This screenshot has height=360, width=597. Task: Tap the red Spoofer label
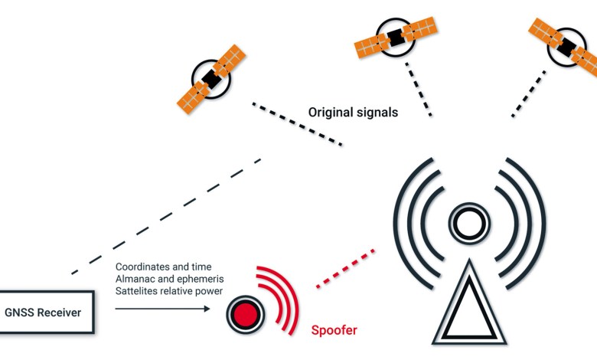(x=334, y=330)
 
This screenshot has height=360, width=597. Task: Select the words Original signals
(x=353, y=113)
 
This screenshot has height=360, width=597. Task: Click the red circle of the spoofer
(x=245, y=315)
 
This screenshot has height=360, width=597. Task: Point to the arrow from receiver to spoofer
(x=162, y=309)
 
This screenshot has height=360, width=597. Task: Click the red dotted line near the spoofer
(x=345, y=269)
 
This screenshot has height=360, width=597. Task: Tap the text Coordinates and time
(x=163, y=267)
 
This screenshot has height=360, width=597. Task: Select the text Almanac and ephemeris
(x=169, y=279)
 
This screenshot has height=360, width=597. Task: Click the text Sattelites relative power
(x=169, y=291)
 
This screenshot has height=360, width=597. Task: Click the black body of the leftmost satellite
(x=211, y=79)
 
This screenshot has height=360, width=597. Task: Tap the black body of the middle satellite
(x=396, y=38)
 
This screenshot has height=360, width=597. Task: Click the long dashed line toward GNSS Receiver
(x=166, y=216)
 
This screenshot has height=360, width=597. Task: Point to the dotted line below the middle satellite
(x=419, y=89)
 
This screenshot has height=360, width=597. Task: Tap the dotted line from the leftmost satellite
(x=298, y=124)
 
